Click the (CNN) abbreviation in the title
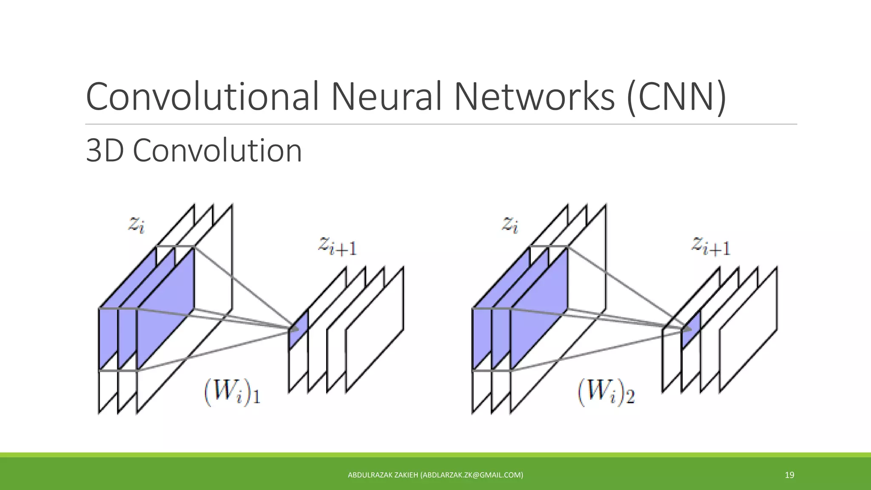click(x=676, y=97)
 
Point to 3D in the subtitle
click(x=106, y=151)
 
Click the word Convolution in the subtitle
click(x=217, y=151)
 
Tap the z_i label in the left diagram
click(x=136, y=224)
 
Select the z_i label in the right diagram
click(x=510, y=224)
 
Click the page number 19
click(x=789, y=475)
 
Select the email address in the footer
click(x=472, y=475)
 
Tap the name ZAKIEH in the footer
click(x=406, y=475)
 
